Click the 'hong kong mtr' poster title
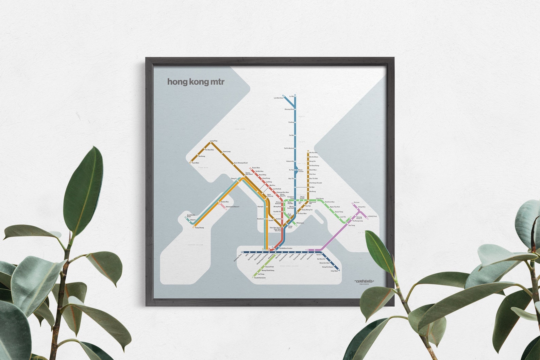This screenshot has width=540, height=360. [x=196, y=82]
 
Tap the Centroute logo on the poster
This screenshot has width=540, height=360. [x=364, y=281]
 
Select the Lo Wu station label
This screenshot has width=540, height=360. [x=291, y=96]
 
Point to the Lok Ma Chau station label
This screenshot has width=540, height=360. [x=279, y=98]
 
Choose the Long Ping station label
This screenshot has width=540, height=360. [x=214, y=141]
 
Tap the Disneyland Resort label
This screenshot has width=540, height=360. [x=233, y=207]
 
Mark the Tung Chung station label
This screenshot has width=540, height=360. [x=200, y=227]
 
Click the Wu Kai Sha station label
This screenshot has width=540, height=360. [x=314, y=153]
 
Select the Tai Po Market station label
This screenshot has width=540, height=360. [x=289, y=148]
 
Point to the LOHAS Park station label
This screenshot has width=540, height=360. [x=372, y=216]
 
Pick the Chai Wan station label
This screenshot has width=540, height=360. [x=334, y=271]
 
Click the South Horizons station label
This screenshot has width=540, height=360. [x=260, y=278]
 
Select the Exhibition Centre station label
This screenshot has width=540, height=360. [x=286, y=248]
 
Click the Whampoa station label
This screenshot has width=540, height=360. [x=300, y=223]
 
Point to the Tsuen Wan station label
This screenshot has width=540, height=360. [x=256, y=168]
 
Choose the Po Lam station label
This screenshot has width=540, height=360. [x=357, y=202]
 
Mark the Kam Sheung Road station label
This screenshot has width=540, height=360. [x=241, y=163]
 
